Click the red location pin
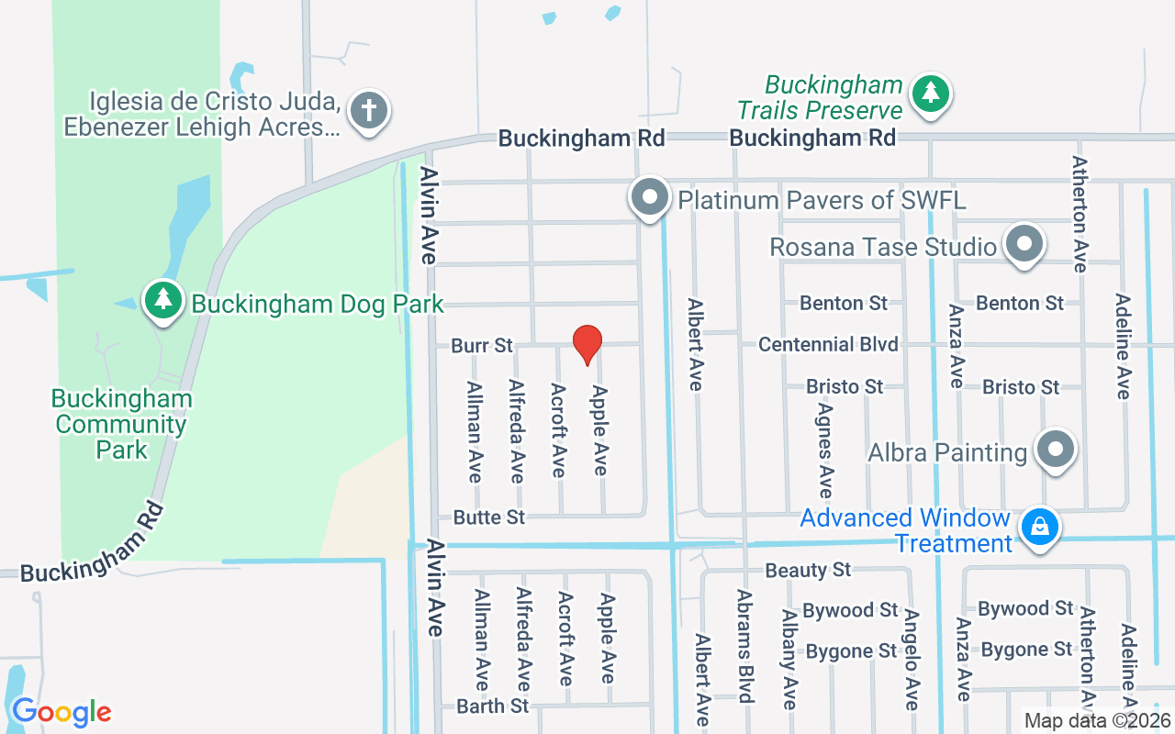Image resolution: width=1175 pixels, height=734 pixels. (x=587, y=344)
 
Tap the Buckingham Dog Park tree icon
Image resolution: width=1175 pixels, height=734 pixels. (x=163, y=299)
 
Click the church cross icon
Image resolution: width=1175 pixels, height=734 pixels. (x=369, y=111)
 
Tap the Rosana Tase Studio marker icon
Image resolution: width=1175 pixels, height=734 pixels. (x=1024, y=244)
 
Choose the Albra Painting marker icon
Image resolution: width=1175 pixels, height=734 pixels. (x=1056, y=450)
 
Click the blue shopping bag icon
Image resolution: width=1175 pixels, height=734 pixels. (x=1039, y=528)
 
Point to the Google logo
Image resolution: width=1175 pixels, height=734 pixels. (x=62, y=712)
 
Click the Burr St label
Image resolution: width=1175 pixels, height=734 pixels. (x=482, y=346)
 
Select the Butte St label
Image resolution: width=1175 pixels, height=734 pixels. (x=489, y=517)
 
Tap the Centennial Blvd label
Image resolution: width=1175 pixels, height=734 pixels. (x=828, y=344)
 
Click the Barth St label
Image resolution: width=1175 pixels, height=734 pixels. (x=493, y=706)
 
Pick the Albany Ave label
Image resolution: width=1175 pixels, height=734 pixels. (x=789, y=659)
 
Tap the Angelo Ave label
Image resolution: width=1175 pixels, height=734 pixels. (x=912, y=659)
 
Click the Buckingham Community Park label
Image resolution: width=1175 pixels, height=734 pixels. (x=122, y=424)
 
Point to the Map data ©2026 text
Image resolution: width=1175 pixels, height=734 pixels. (x=1097, y=721)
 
